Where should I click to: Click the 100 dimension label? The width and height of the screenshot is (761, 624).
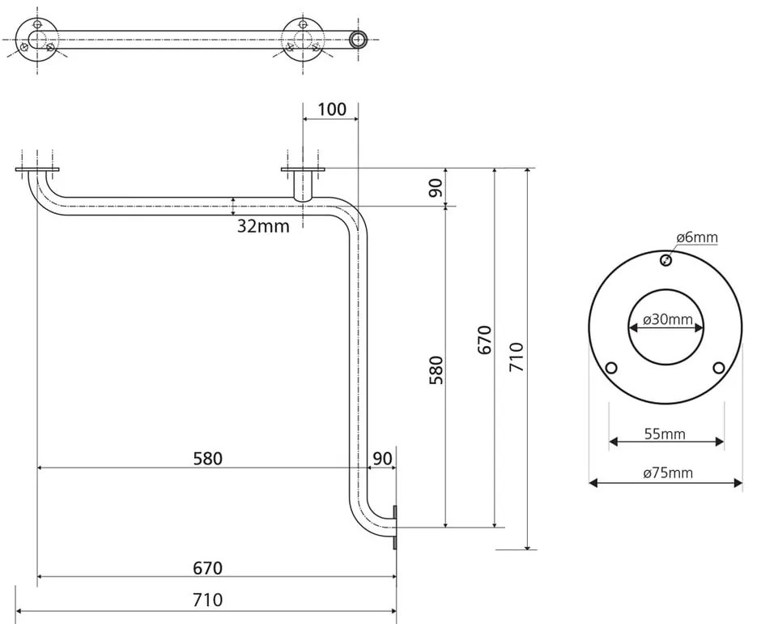(332, 109)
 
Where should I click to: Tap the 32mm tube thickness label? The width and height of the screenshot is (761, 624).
(263, 226)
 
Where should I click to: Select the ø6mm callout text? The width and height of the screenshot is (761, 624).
(696, 237)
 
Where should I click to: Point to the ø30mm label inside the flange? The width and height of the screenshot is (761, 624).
(668, 319)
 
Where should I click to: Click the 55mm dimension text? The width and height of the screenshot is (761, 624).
(665, 434)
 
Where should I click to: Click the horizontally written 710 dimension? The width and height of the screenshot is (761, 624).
(207, 600)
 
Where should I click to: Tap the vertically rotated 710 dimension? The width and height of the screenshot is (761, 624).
(517, 357)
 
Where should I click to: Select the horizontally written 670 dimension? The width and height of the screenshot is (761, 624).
(207, 568)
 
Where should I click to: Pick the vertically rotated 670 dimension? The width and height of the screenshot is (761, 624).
(484, 340)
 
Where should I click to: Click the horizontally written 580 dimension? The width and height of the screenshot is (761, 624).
(207, 459)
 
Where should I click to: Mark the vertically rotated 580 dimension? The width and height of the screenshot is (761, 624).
(436, 370)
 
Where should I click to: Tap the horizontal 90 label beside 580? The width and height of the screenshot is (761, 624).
(382, 459)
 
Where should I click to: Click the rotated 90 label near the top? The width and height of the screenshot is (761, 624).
(436, 188)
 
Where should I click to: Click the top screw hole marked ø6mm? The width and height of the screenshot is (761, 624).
(665, 260)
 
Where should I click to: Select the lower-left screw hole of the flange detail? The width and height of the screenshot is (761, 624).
(612, 368)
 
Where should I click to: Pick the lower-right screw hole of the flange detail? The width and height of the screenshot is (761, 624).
(718, 368)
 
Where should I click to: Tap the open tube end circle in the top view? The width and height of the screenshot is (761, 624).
(357, 38)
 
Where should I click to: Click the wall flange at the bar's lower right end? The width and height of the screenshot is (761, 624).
(395, 528)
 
